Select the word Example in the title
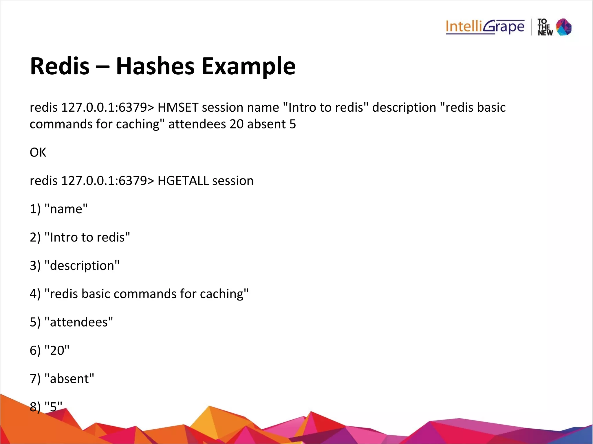248,67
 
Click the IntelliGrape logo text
485,27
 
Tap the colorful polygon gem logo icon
563,27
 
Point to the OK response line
38,152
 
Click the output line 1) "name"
58,209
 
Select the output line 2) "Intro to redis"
80,237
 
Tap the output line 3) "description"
74,266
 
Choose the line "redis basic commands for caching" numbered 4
139,294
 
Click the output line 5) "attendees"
71,322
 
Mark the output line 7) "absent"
62,379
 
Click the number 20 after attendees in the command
237,124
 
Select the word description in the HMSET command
404,108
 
